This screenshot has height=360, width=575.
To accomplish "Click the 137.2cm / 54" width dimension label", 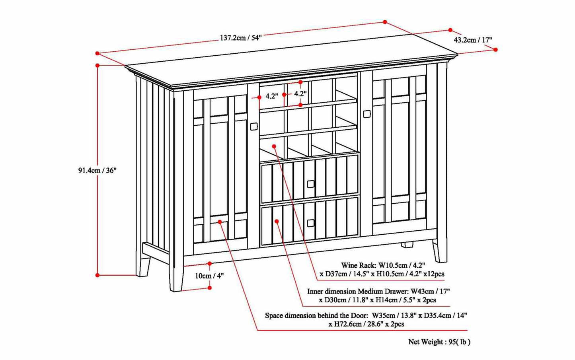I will (x=240, y=38).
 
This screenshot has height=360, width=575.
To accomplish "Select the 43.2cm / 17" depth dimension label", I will (x=473, y=40).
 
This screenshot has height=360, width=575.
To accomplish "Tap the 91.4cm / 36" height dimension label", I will (x=97, y=170).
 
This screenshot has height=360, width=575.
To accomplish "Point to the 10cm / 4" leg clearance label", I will (x=209, y=276).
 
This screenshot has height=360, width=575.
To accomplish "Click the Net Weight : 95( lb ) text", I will (x=439, y=342).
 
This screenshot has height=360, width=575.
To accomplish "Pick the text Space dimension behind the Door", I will (x=316, y=315).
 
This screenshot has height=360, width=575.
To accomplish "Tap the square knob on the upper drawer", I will (x=311, y=183).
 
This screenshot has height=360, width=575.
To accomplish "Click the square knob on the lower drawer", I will (x=311, y=223).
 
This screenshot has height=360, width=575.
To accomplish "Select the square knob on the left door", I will (x=253, y=126).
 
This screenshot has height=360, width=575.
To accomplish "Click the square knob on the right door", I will (x=367, y=114).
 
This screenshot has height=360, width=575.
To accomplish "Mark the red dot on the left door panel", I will (x=220, y=222).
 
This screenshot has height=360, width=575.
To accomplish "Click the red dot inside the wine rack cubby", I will (x=274, y=146).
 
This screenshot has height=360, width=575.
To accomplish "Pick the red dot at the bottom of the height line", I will (x=97, y=275).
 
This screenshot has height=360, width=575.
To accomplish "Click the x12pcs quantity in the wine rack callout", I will (x=434, y=274).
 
